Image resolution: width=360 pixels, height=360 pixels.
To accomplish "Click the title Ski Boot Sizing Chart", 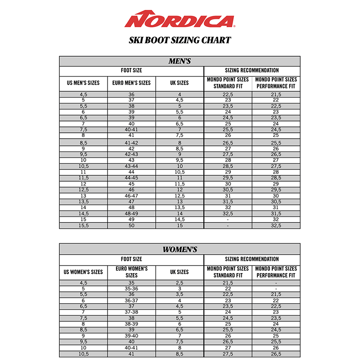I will tap(180, 40).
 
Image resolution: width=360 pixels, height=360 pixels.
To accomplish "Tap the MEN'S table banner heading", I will tap(180, 61).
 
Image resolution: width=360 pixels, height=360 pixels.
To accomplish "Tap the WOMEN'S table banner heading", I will tap(180, 249).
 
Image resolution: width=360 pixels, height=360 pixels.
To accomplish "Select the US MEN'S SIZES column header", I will tap(83, 83).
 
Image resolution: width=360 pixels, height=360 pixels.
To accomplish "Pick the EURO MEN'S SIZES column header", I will tap(131, 83).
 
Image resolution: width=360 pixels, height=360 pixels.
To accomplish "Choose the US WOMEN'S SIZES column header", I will tap(83, 272).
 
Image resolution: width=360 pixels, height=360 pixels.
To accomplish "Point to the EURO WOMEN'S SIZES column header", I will tap(131, 272).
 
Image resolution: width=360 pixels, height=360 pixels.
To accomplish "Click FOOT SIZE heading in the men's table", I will tap(131, 71).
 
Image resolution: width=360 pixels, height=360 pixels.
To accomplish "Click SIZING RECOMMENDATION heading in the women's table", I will tap(252, 259).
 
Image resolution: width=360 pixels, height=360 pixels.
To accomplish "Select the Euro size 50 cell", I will tap(131, 225).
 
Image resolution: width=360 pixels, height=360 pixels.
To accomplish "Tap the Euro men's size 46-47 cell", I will tap(131, 196).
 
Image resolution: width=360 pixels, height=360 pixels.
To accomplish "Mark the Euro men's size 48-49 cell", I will tap(131, 214).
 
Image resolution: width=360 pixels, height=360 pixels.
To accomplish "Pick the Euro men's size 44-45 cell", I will tap(131, 178).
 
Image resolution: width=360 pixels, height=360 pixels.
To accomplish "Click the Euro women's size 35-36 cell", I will tap(131, 288).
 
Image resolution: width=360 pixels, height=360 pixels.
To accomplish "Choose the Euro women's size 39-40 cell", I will tap(131, 336).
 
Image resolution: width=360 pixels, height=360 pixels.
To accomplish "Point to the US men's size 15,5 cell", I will tap(83, 225).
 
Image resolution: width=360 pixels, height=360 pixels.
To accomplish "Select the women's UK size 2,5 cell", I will tap(180, 283).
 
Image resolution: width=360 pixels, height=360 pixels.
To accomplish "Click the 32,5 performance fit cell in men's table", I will tap(276, 225).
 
